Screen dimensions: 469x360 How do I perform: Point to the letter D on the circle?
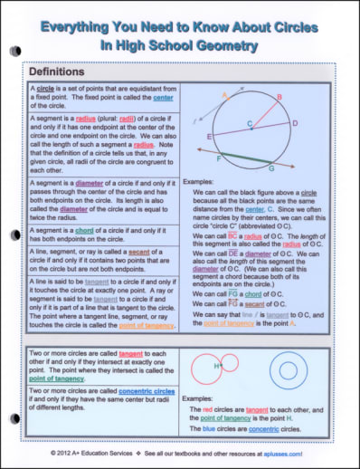295,120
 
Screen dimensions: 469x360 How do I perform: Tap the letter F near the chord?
216,158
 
